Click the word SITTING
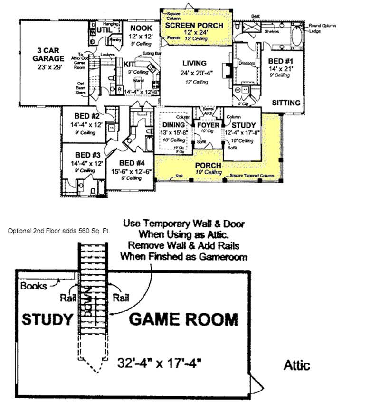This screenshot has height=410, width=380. [286, 102]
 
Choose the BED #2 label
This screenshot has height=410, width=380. [87, 116]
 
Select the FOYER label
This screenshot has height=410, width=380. [209, 125]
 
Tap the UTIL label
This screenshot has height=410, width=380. [104, 30]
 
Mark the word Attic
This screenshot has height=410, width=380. [297, 365]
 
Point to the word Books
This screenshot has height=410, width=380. [34, 286]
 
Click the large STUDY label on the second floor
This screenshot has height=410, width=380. [47, 319]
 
